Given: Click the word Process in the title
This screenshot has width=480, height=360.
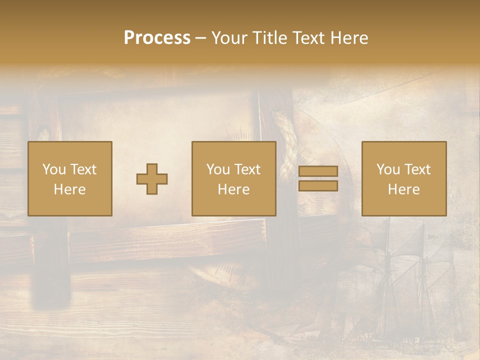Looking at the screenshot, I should click(x=157, y=37).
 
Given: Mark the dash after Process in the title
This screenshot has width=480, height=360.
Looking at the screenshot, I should click(x=201, y=38).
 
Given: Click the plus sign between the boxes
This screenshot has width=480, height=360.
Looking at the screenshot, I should click(x=152, y=179).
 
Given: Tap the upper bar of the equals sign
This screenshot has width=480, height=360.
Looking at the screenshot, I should click(x=318, y=171).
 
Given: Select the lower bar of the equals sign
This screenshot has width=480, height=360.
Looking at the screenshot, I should click(x=318, y=186).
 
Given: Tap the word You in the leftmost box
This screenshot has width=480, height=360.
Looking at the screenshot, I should click(x=54, y=169).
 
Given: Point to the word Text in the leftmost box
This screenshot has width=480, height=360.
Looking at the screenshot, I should click(x=82, y=169).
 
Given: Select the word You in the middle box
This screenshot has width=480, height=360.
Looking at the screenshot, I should click(x=218, y=169).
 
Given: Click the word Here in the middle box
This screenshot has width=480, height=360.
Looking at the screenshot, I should click(x=234, y=189).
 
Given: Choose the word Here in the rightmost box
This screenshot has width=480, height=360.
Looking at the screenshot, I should click(x=404, y=189).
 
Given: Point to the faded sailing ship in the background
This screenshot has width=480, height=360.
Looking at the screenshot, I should click(x=400, y=280).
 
